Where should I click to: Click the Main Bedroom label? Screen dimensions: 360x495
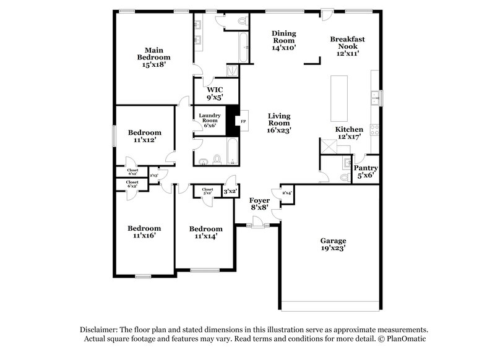click(x=153, y=56)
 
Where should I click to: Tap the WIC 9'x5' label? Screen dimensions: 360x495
click(x=215, y=93)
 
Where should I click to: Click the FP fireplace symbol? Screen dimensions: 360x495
click(x=243, y=121)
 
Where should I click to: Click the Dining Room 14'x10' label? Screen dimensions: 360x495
click(x=285, y=40)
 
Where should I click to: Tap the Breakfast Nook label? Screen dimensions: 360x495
click(x=347, y=46)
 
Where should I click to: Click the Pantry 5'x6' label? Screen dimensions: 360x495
click(x=366, y=172)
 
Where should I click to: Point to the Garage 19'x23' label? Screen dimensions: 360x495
click(x=333, y=244)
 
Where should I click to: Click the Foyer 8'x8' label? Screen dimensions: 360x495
click(x=259, y=205)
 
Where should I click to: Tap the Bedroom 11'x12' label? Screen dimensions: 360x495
click(x=145, y=136)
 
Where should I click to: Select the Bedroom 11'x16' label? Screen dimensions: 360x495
click(x=144, y=232)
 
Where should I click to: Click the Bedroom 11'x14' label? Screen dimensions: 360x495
click(x=205, y=233)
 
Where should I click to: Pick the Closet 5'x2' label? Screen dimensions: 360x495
click(x=207, y=192)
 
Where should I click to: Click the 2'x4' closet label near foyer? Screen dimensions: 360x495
click(x=286, y=194)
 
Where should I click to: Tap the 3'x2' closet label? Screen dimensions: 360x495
click(x=230, y=192)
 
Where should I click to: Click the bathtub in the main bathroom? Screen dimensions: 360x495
click(x=244, y=48)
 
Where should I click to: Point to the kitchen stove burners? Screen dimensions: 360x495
click(x=374, y=131)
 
